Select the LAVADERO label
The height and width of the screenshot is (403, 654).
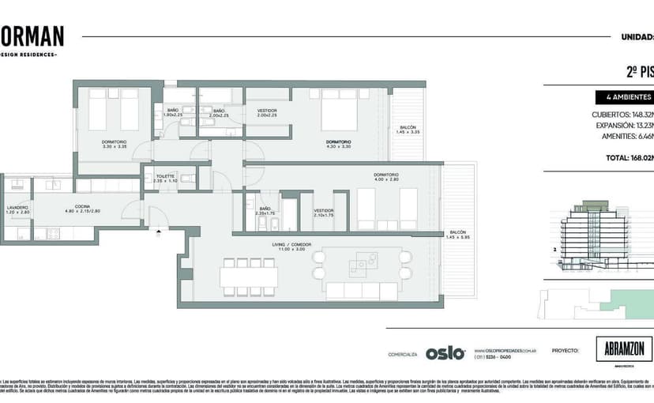tap(17, 208)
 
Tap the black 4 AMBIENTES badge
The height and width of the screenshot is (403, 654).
tap(624, 98)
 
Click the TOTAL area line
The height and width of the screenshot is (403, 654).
tap(628, 158)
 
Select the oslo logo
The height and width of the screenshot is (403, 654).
tap(445, 353)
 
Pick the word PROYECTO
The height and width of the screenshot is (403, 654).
tap(566, 350)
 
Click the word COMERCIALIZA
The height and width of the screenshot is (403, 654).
tap(402, 355)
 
